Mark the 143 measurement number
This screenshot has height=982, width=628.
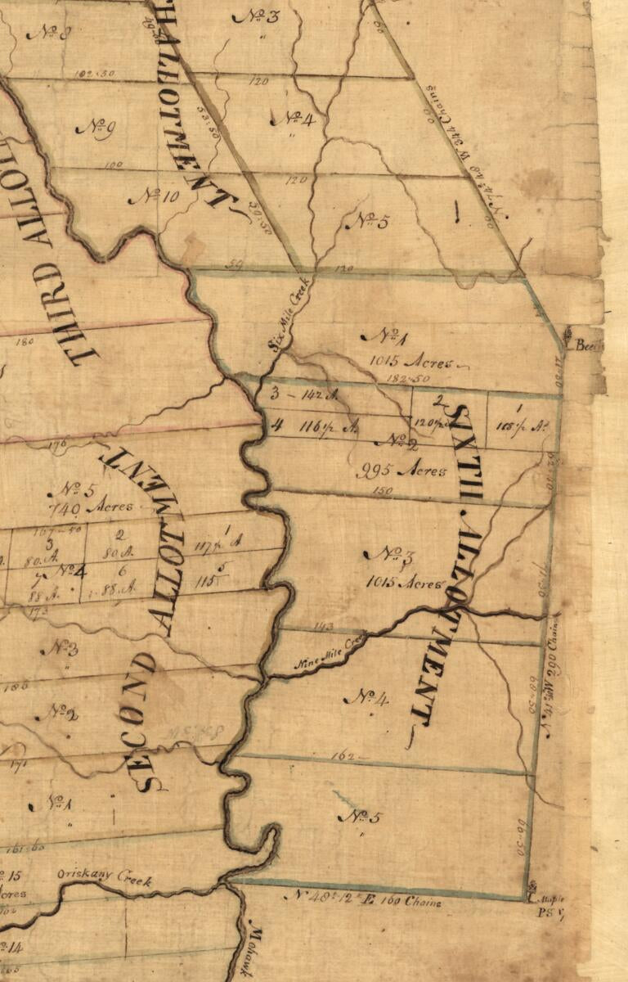tap(324, 626)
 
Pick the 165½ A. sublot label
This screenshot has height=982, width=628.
tap(523, 426)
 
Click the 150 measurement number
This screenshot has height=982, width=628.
tap(383, 490)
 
